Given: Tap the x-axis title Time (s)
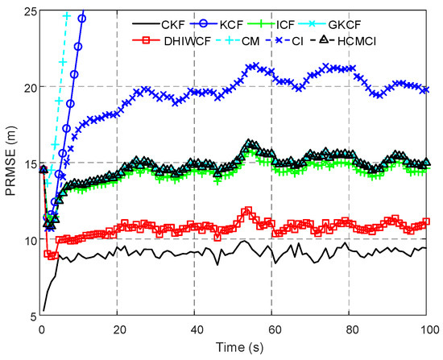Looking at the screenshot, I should tap(235, 349).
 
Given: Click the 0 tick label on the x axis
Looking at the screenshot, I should tap(40, 329).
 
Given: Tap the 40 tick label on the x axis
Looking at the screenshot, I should tap(195, 329).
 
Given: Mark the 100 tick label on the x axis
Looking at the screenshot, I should tap(427, 329).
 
